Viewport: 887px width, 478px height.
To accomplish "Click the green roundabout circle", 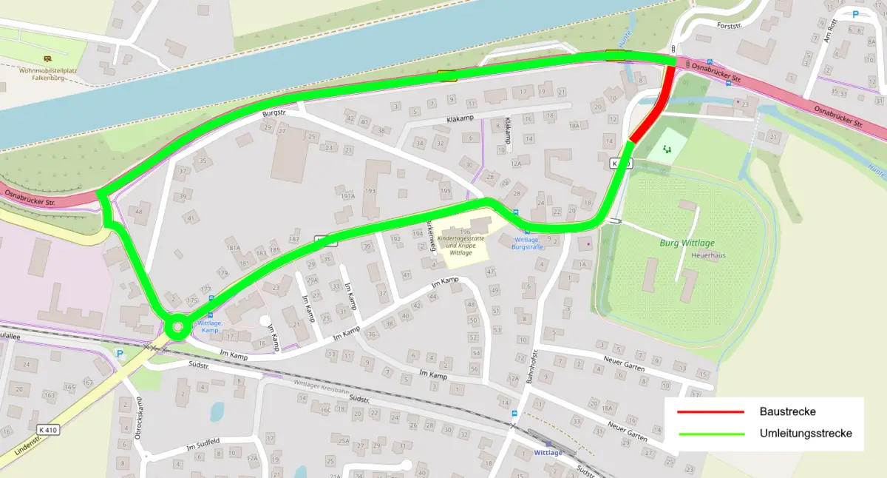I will pyautogui.click(x=177, y=326).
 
